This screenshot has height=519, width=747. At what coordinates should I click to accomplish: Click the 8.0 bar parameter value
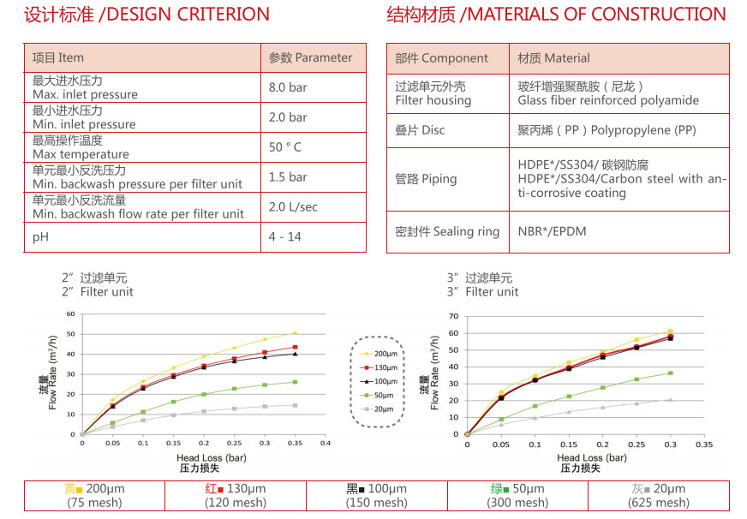[x=288, y=87]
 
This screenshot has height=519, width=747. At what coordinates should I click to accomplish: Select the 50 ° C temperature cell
[x=285, y=147]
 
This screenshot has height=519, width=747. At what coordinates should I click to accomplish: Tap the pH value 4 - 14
[x=284, y=236]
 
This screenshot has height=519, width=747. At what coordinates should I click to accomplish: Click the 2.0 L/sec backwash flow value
[x=293, y=207]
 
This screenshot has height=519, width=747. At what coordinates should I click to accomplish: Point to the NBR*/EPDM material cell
[x=553, y=231]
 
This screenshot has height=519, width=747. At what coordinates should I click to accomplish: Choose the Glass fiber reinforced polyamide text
[x=608, y=100]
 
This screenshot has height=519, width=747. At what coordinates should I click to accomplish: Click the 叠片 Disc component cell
[x=420, y=130]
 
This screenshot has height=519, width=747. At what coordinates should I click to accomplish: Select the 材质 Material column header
[x=553, y=58]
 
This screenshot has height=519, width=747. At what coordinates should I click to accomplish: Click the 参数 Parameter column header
[x=310, y=58]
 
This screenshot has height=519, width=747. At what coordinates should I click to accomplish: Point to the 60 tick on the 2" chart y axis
[x=71, y=314]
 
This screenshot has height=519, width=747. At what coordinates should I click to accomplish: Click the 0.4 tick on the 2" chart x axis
[x=325, y=444]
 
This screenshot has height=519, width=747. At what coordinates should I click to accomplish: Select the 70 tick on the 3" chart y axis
[x=455, y=316]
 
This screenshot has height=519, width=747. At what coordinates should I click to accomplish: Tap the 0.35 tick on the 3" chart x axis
[x=703, y=445]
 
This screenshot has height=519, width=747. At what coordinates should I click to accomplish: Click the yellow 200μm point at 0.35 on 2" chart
[x=295, y=332]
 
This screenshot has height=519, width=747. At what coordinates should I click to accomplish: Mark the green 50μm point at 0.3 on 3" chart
[x=670, y=373]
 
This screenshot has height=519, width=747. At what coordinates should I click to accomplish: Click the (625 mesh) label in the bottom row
[x=660, y=503]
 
